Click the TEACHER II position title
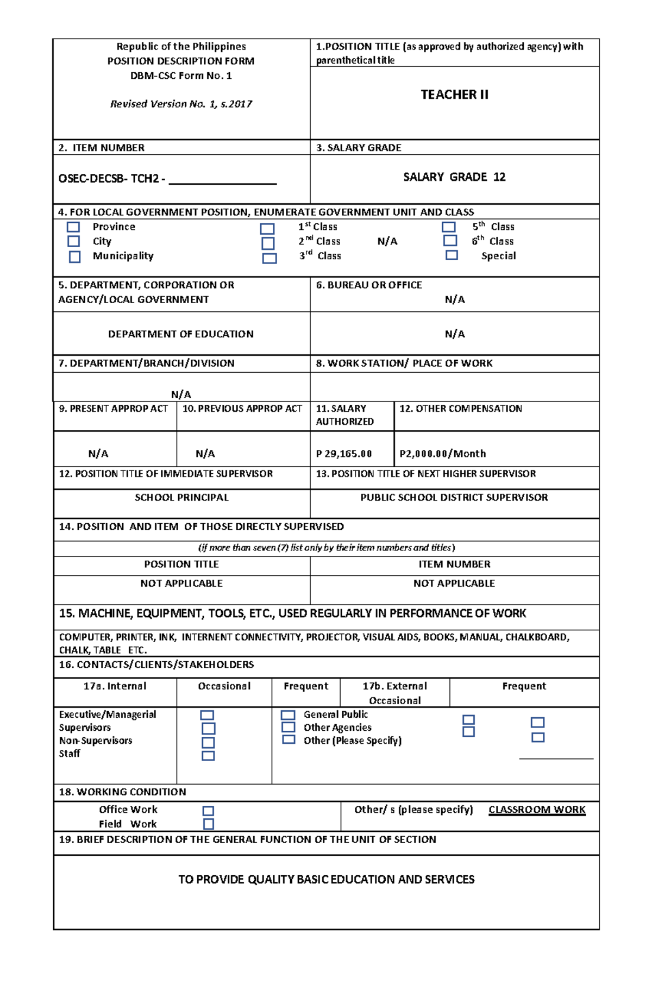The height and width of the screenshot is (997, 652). [454, 95]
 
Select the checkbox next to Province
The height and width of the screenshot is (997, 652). [73, 227]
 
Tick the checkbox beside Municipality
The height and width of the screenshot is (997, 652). [74, 256]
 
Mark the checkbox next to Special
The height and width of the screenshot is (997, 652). [452, 255]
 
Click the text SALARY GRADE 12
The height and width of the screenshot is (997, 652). [454, 177]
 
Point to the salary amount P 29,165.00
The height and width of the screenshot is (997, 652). [344, 454]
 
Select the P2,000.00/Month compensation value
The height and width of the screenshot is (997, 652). [443, 454]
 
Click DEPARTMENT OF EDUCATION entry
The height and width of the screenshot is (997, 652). [181, 334]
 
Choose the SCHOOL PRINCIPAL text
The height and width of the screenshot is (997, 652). [181, 497]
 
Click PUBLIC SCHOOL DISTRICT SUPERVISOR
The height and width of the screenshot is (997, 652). [454, 497]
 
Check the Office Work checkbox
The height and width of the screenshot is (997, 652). [208, 811]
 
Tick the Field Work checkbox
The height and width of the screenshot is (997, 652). [208, 824]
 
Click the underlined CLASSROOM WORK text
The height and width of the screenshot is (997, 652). [537, 810]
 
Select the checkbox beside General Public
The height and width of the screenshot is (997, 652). [288, 715]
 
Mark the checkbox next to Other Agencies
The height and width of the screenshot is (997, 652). [289, 727]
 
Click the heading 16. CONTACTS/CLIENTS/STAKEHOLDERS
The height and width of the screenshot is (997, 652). [156, 664]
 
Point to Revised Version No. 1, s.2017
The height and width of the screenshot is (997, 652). [181, 104]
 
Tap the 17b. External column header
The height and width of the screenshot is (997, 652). [395, 686]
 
